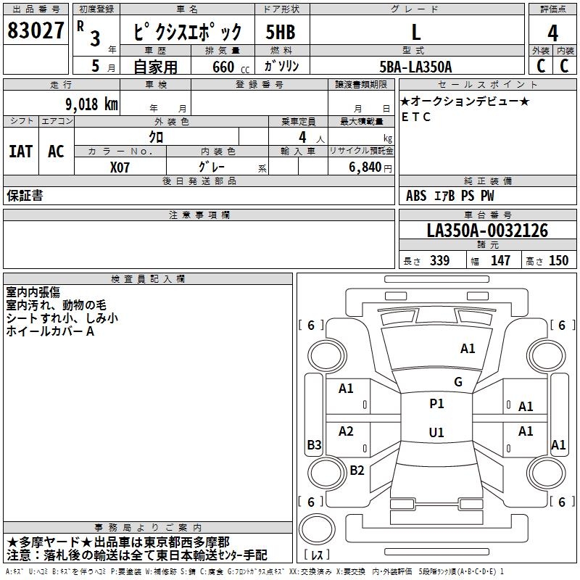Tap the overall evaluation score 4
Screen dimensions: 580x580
(552, 33)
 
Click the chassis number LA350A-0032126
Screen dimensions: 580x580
(487, 231)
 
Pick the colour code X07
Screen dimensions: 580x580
(121, 166)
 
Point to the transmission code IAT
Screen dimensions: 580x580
(20, 151)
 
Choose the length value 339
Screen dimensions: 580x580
(439, 261)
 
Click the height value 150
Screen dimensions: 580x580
(558, 261)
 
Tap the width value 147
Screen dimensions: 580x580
(500, 261)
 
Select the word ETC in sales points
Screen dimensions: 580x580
(416, 117)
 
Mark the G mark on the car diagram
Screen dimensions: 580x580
(458, 382)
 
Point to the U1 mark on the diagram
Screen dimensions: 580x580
(436, 433)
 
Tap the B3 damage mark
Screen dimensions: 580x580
(314, 445)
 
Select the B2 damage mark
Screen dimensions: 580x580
(357, 471)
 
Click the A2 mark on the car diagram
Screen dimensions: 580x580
(346, 431)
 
